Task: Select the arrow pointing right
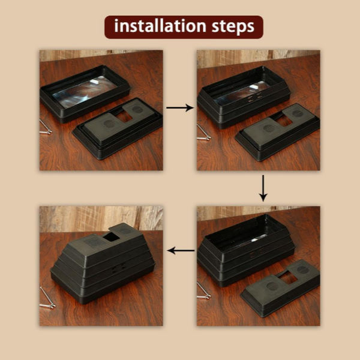(179, 108)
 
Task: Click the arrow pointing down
(262, 189)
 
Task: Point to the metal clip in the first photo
(45, 127)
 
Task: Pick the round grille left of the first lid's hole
(109, 124)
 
